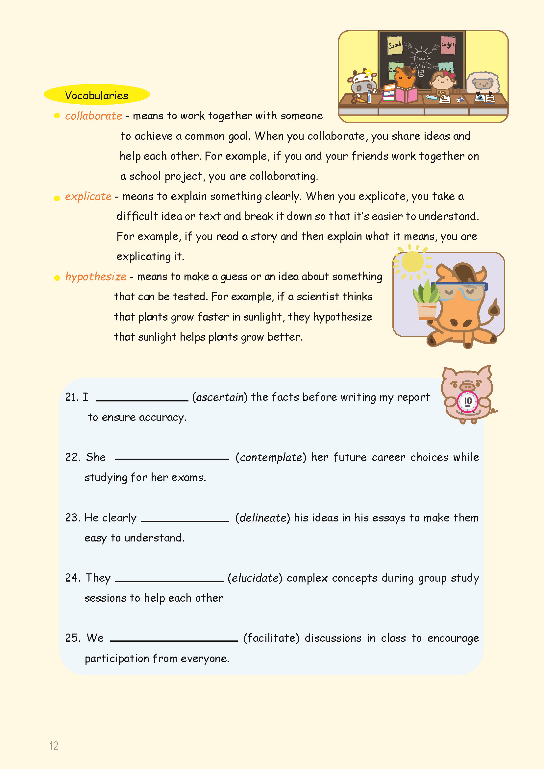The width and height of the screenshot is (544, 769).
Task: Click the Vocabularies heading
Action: (x=96, y=95)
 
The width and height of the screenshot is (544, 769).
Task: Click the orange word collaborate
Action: (x=93, y=116)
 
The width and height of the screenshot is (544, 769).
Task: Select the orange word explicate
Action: (x=88, y=196)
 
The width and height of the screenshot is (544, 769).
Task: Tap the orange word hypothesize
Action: (x=96, y=276)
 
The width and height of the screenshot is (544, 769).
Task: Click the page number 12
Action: (x=54, y=746)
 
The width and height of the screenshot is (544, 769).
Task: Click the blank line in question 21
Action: (x=142, y=399)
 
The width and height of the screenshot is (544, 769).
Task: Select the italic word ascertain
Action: (x=220, y=397)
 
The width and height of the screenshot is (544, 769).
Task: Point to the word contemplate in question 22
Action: (x=271, y=458)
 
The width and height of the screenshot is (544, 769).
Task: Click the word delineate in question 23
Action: (x=262, y=518)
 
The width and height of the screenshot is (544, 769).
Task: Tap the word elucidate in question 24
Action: (x=255, y=578)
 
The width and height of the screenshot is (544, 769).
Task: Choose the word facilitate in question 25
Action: (x=271, y=638)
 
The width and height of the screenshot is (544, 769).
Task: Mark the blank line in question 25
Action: (x=174, y=640)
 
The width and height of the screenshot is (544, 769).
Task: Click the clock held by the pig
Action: (x=468, y=401)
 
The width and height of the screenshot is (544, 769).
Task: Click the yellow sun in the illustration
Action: (x=412, y=262)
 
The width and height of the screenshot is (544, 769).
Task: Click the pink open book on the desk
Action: (x=406, y=95)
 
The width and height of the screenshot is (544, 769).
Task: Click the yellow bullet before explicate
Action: (x=57, y=198)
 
